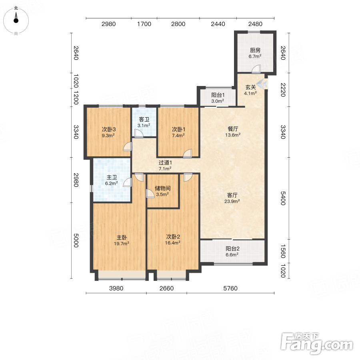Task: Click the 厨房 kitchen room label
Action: coord(255,50)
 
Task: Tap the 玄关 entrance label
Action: coord(250,87)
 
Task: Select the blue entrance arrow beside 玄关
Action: coord(262,84)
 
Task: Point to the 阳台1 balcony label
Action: coord(218,95)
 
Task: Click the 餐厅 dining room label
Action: coord(233,129)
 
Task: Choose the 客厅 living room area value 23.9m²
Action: coord(232,201)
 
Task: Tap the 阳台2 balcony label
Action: coord(232,248)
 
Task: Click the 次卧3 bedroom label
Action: coord(108,129)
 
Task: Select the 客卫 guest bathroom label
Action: coord(144,119)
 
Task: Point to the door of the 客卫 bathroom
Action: coord(139,134)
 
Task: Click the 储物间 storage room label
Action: coord(162,188)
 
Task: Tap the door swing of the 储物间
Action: coord(150,194)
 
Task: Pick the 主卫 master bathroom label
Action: coord(112,177)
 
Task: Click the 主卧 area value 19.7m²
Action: coord(122,244)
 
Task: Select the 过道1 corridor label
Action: coord(165,162)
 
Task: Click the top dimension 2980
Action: coord(108,24)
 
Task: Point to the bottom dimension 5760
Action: coord(230,288)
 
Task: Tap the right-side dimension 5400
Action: coord(283,198)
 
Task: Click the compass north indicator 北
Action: coord(16,8)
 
